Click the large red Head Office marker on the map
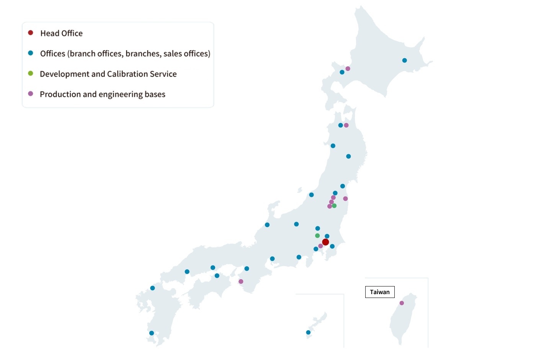click(325, 242)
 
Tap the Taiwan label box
click(379, 292)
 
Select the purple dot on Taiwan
click(402, 303)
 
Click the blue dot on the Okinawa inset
click(308, 332)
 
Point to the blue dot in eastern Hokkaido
click(404, 60)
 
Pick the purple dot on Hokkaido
click(348, 69)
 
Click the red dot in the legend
click(31, 33)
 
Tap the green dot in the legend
click(31, 74)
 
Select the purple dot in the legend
click(31, 94)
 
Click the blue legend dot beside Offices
click(31, 53)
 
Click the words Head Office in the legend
click(61, 33)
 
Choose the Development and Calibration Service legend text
click(108, 74)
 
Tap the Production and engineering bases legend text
click(102, 94)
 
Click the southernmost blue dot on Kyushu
click(151, 333)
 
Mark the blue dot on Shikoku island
click(217, 276)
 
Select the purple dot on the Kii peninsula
click(241, 281)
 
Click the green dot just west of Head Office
click(317, 236)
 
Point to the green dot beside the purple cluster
click(334, 206)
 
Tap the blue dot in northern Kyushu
click(152, 288)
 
